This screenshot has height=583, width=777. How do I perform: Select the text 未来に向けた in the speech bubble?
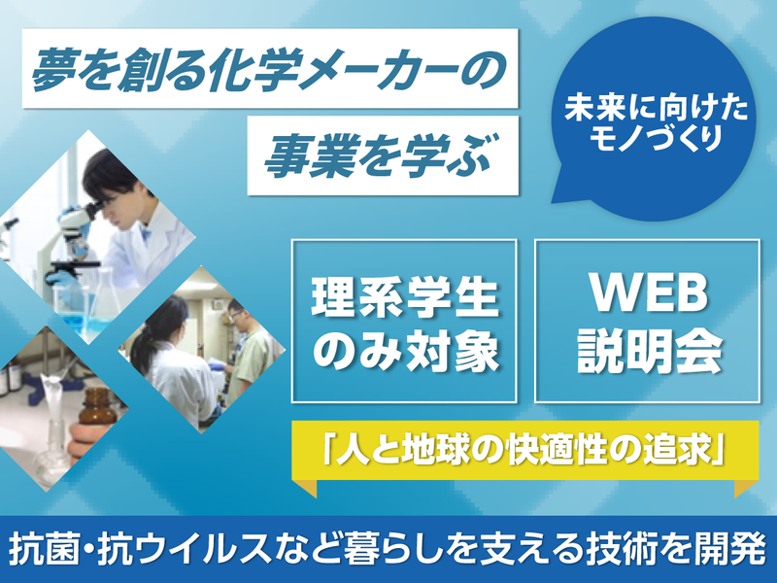tap(650, 109)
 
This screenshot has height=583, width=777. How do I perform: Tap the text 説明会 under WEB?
tap(650, 352)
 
